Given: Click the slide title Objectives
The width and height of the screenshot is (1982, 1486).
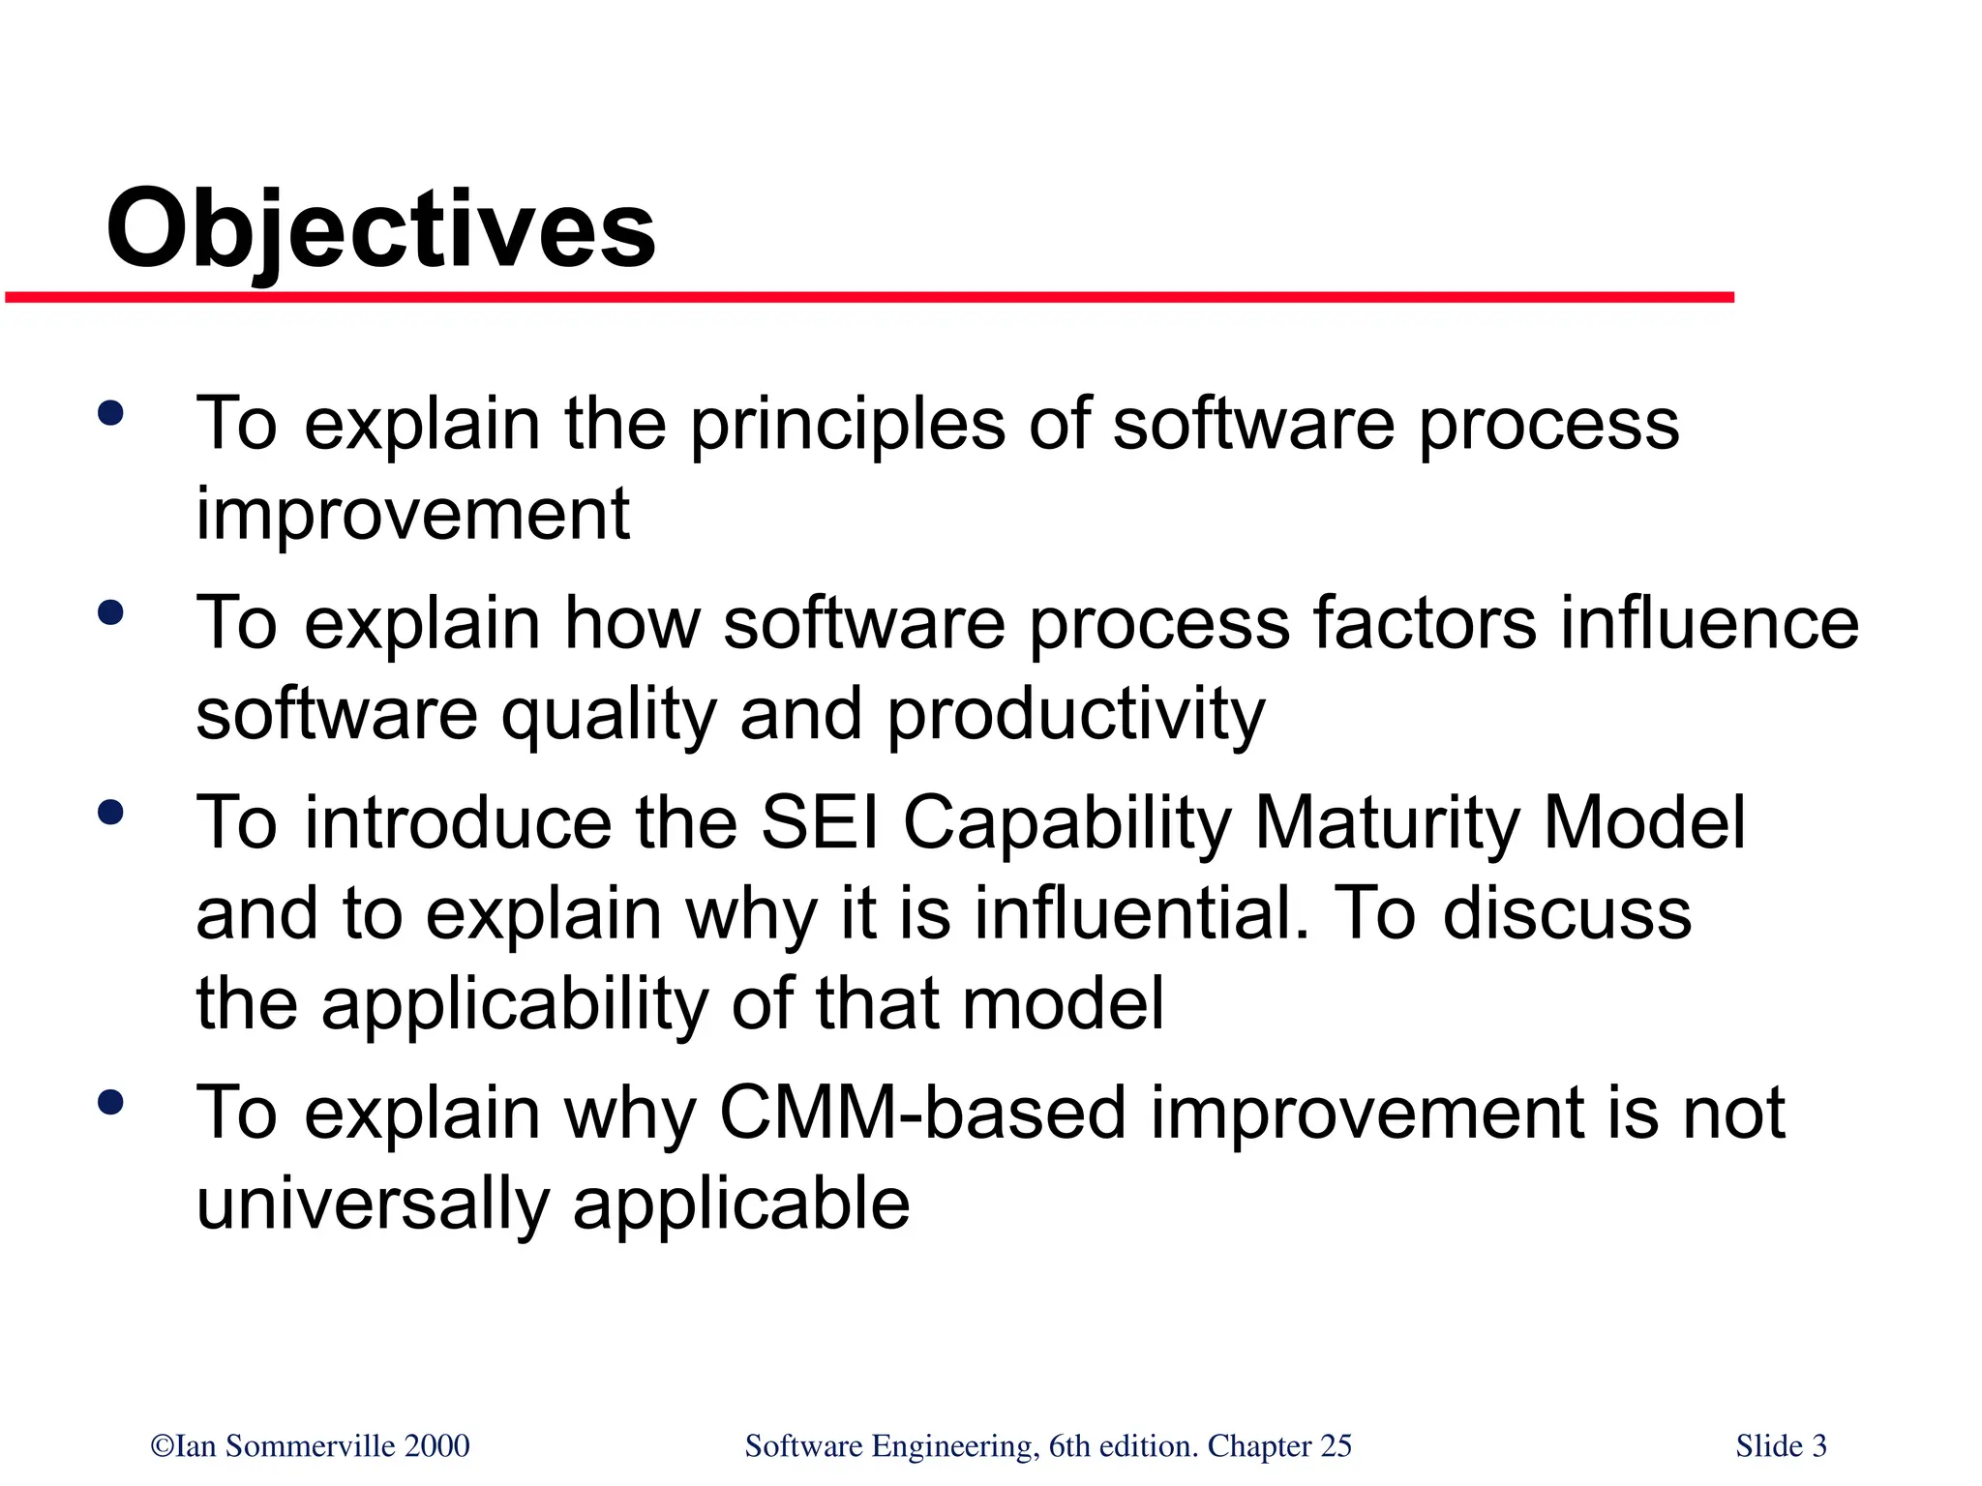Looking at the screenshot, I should coord(380,230).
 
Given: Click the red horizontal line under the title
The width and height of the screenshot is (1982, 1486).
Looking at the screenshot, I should coord(869,298).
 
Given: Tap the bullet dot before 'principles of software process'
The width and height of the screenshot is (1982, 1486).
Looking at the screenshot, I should coord(111,414).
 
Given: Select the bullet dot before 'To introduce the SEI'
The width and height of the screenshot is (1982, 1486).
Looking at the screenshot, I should coord(111,812).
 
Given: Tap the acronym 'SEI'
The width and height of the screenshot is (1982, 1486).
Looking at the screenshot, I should coord(820,823).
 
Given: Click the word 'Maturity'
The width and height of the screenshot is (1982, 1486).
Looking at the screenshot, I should coord(1387,823).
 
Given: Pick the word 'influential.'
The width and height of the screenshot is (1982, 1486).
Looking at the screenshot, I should coord(1141,914).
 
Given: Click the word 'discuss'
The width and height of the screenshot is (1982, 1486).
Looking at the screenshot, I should coord(1567,914).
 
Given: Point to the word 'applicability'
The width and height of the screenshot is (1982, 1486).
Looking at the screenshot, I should coord(515,1005).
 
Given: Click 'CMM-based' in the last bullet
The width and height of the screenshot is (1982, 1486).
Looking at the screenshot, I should coord(923,1114).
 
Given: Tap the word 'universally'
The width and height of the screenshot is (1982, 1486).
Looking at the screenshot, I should coord(373,1205).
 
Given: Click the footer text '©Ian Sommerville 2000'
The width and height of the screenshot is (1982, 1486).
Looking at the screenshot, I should coord(310,1445).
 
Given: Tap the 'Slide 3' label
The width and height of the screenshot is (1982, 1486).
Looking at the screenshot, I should coord(1781,1445).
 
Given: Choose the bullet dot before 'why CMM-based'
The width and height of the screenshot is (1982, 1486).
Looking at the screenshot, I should coord(111,1103).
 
